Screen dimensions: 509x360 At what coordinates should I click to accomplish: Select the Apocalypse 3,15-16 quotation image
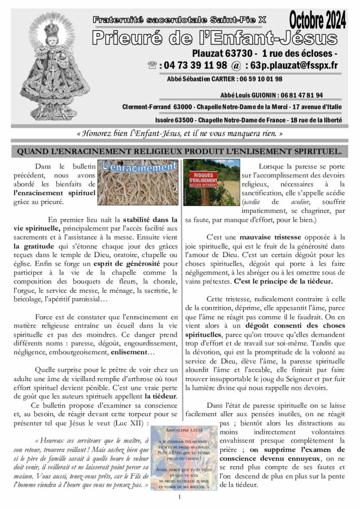point(181,457)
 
